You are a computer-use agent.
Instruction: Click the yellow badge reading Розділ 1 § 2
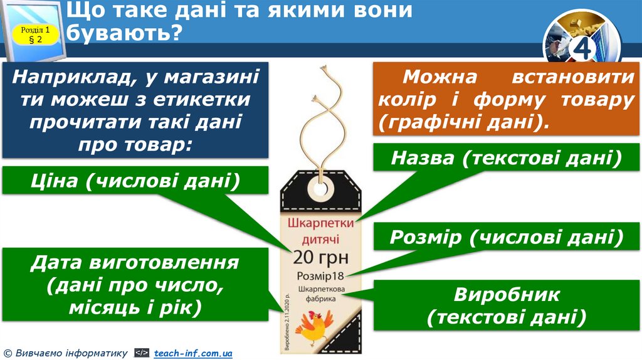pos(35,34)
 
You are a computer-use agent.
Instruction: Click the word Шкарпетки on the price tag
pos(321,224)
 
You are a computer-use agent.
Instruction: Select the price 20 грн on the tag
pos(321,257)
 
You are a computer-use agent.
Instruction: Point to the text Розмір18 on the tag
pos(321,276)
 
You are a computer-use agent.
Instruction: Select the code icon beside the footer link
pos(142,354)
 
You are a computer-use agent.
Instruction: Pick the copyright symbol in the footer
pos(7,354)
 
